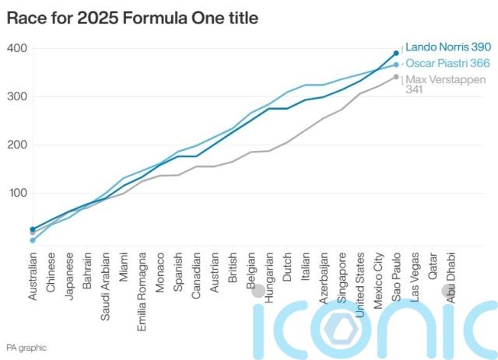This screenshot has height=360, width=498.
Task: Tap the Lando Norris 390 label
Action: tap(447, 47)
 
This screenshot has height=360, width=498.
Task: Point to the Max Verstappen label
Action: tap(447, 80)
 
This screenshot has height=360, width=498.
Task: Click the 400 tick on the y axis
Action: tap(17, 49)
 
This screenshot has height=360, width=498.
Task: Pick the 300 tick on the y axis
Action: tap(17, 97)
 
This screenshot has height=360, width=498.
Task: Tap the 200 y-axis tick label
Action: tap(17, 145)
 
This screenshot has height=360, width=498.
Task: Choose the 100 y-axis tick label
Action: tap(17, 194)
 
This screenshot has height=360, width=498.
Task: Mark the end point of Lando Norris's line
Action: tap(396, 53)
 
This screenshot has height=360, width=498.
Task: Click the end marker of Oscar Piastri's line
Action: tap(396, 65)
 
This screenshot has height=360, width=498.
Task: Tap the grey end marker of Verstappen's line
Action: tap(396, 76)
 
